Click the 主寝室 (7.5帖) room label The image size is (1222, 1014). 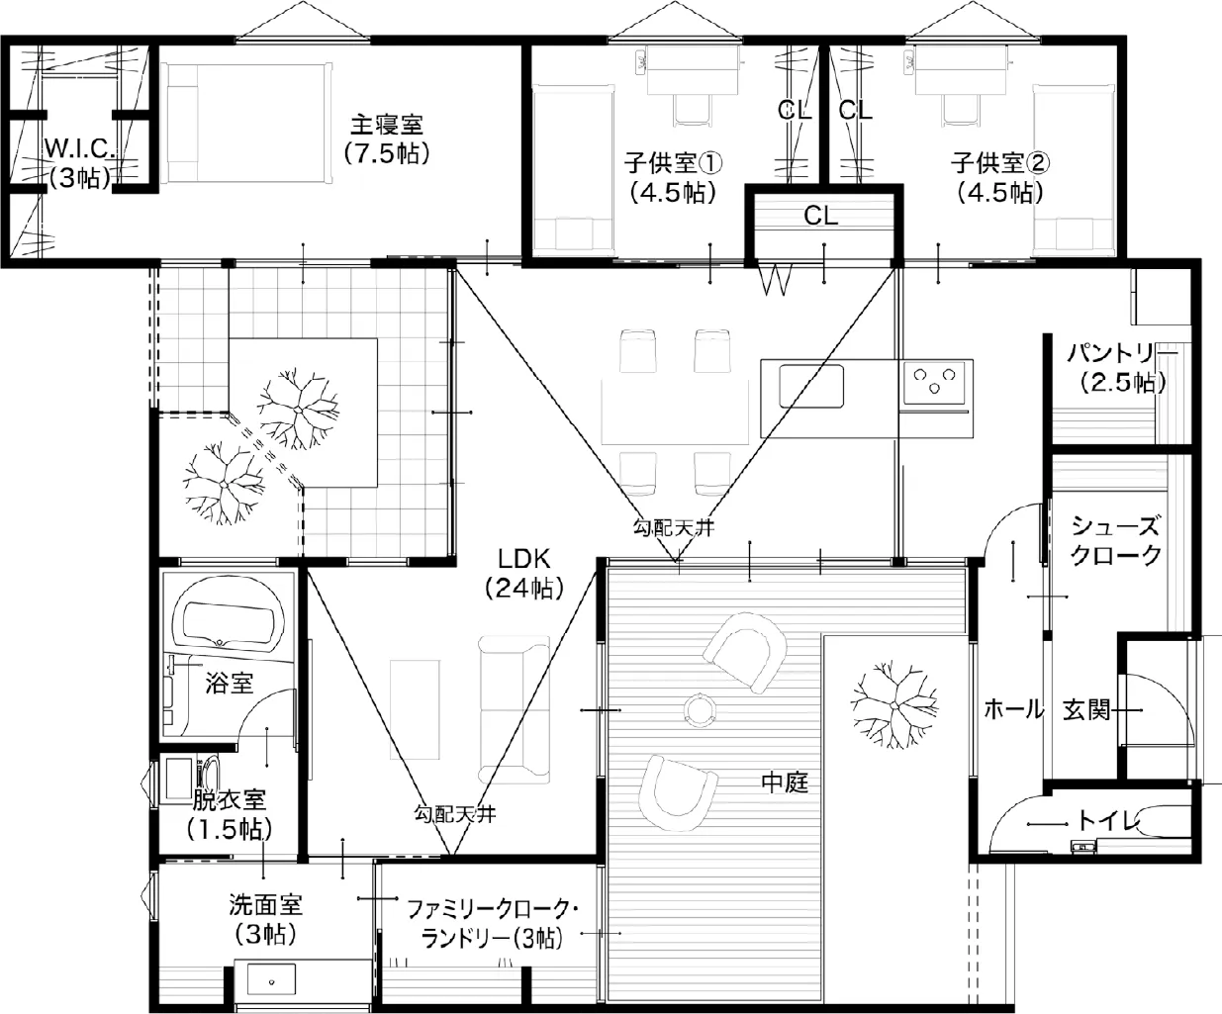387,139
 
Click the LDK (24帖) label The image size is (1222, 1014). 524,574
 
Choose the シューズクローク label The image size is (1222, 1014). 1115,541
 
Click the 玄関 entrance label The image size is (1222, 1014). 1086,709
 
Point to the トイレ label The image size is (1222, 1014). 1109,821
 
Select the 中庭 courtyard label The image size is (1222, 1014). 785,783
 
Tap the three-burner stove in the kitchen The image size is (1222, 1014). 934,383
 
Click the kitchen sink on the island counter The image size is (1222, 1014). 811,386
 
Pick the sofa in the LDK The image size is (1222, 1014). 514,709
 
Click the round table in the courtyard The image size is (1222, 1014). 700,710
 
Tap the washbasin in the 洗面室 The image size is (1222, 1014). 271,978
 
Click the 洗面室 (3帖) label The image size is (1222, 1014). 265,920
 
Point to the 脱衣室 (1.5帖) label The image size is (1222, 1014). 230,814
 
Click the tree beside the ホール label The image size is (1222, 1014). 893,705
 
